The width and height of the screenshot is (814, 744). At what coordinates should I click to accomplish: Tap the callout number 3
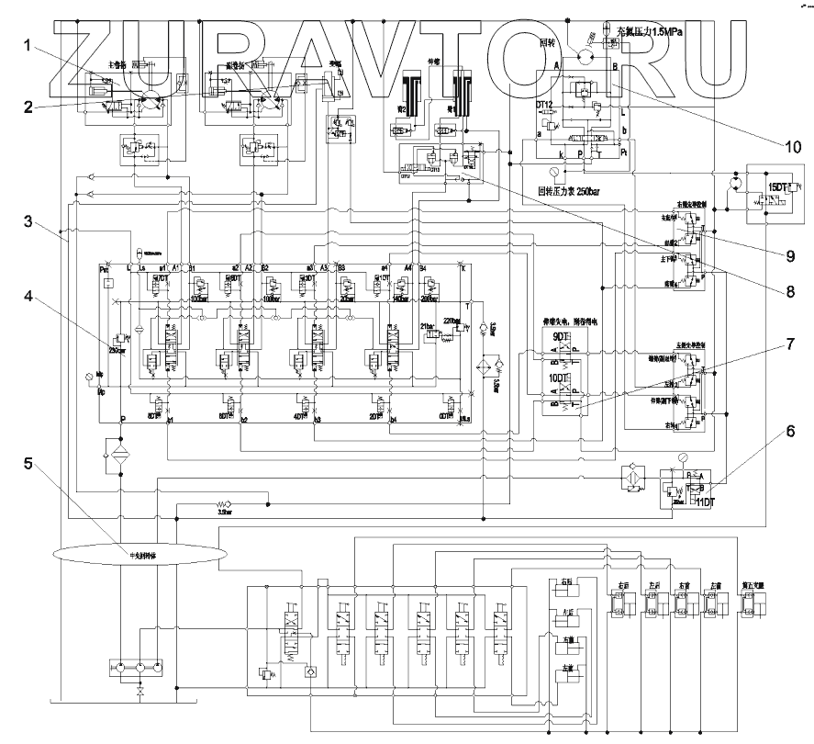click(x=29, y=222)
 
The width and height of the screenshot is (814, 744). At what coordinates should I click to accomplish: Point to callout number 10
click(x=791, y=145)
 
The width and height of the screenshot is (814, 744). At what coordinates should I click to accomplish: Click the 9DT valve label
click(x=562, y=338)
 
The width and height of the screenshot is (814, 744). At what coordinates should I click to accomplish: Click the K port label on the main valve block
click(x=463, y=267)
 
